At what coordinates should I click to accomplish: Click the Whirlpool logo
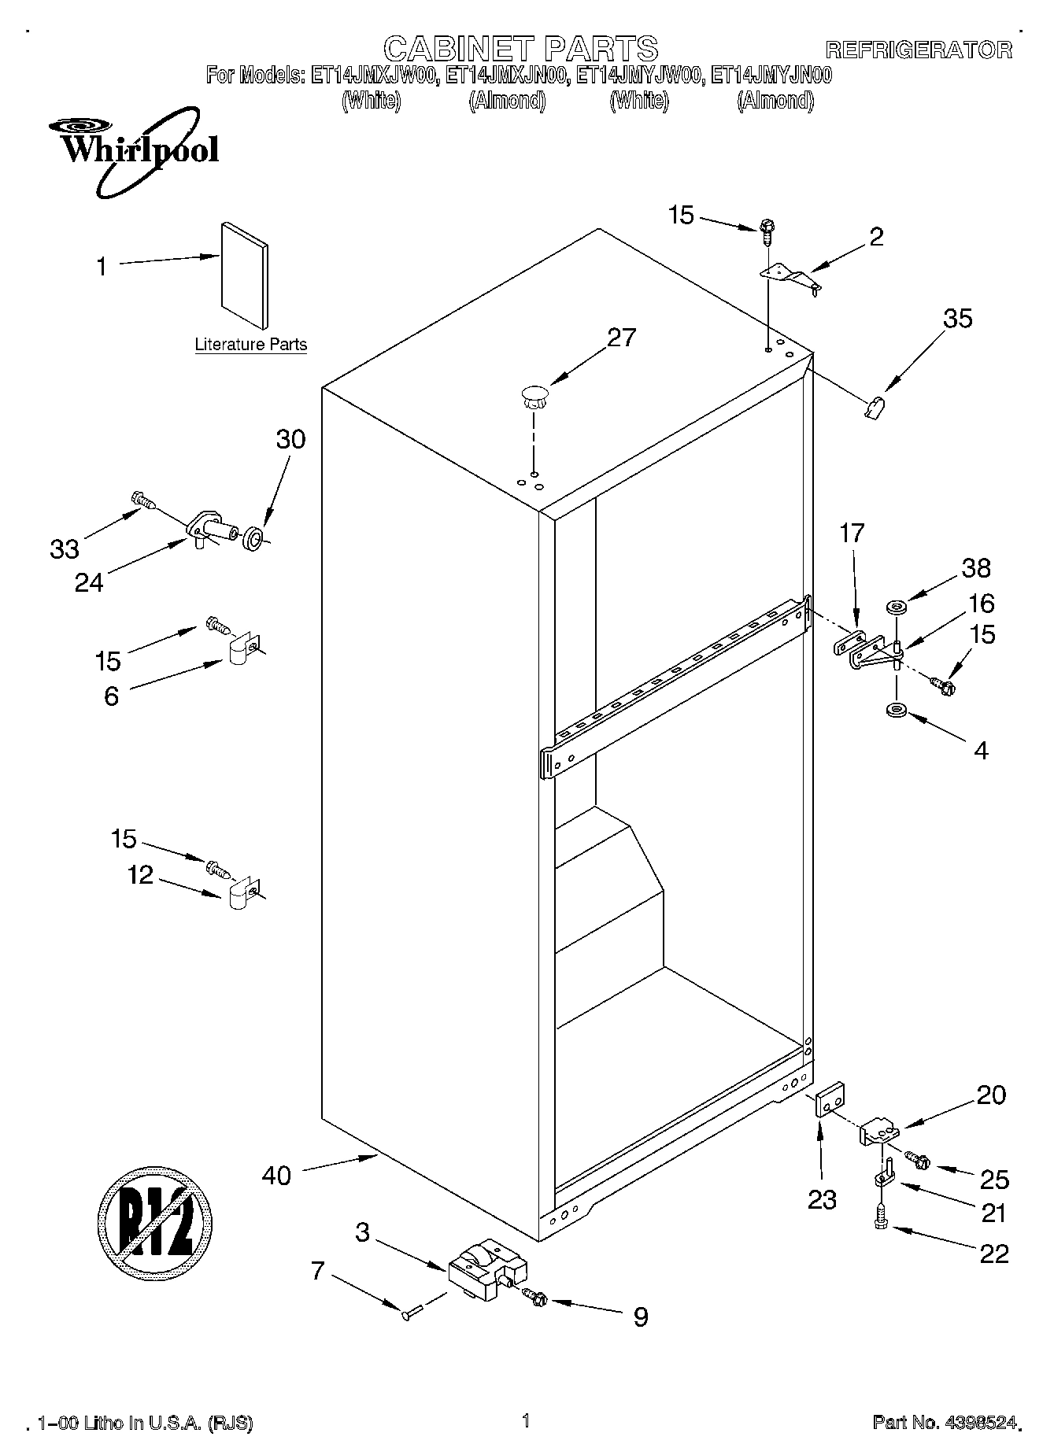pyautogui.click(x=132, y=149)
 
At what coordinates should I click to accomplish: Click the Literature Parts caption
pyautogui.click(x=250, y=345)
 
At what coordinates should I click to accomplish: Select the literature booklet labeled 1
pyautogui.click(x=244, y=275)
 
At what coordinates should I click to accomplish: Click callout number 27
pyautogui.click(x=621, y=338)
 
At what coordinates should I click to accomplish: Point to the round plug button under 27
pyautogui.click(x=534, y=396)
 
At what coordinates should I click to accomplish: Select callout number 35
pyautogui.click(x=957, y=319)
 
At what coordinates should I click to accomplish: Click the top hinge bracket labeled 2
pyautogui.click(x=790, y=276)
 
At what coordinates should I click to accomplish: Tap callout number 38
pyautogui.click(x=976, y=568)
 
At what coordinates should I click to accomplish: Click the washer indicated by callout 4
pyautogui.click(x=896, y=711)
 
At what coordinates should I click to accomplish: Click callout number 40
pyautogui.click(x=276, y=1176)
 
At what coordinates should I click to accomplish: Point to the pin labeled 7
pyautogui.click(x=414, y=1311)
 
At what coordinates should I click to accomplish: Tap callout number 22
pyautogui.click(x=993, y=1254)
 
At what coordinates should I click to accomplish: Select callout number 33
pyautogui.click(x=65, y=548)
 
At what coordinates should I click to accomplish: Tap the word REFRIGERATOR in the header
pyautogui.click(x=918, y=50)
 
